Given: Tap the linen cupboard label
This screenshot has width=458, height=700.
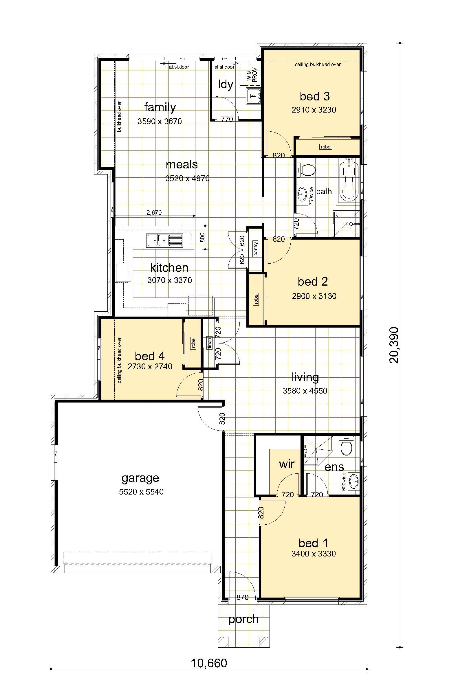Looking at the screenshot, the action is tap(210, 343).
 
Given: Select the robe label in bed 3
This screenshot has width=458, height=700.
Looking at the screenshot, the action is tap(325, 146).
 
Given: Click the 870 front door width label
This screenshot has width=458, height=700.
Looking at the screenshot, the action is tap(243, 597).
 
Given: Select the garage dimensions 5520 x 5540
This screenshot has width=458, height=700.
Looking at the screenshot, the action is tap(141, 491).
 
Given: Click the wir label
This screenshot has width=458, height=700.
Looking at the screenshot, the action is tap(287, 464).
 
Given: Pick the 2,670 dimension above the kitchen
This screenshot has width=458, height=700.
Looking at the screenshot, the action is tap(154, 212).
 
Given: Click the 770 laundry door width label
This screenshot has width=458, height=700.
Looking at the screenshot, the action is tap(227, 119).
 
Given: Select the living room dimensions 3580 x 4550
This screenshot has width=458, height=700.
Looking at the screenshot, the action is tap(305, 391).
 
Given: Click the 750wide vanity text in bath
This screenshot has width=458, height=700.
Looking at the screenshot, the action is tap(312, 195).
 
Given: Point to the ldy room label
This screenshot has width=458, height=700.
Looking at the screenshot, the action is tap(226, 85).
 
